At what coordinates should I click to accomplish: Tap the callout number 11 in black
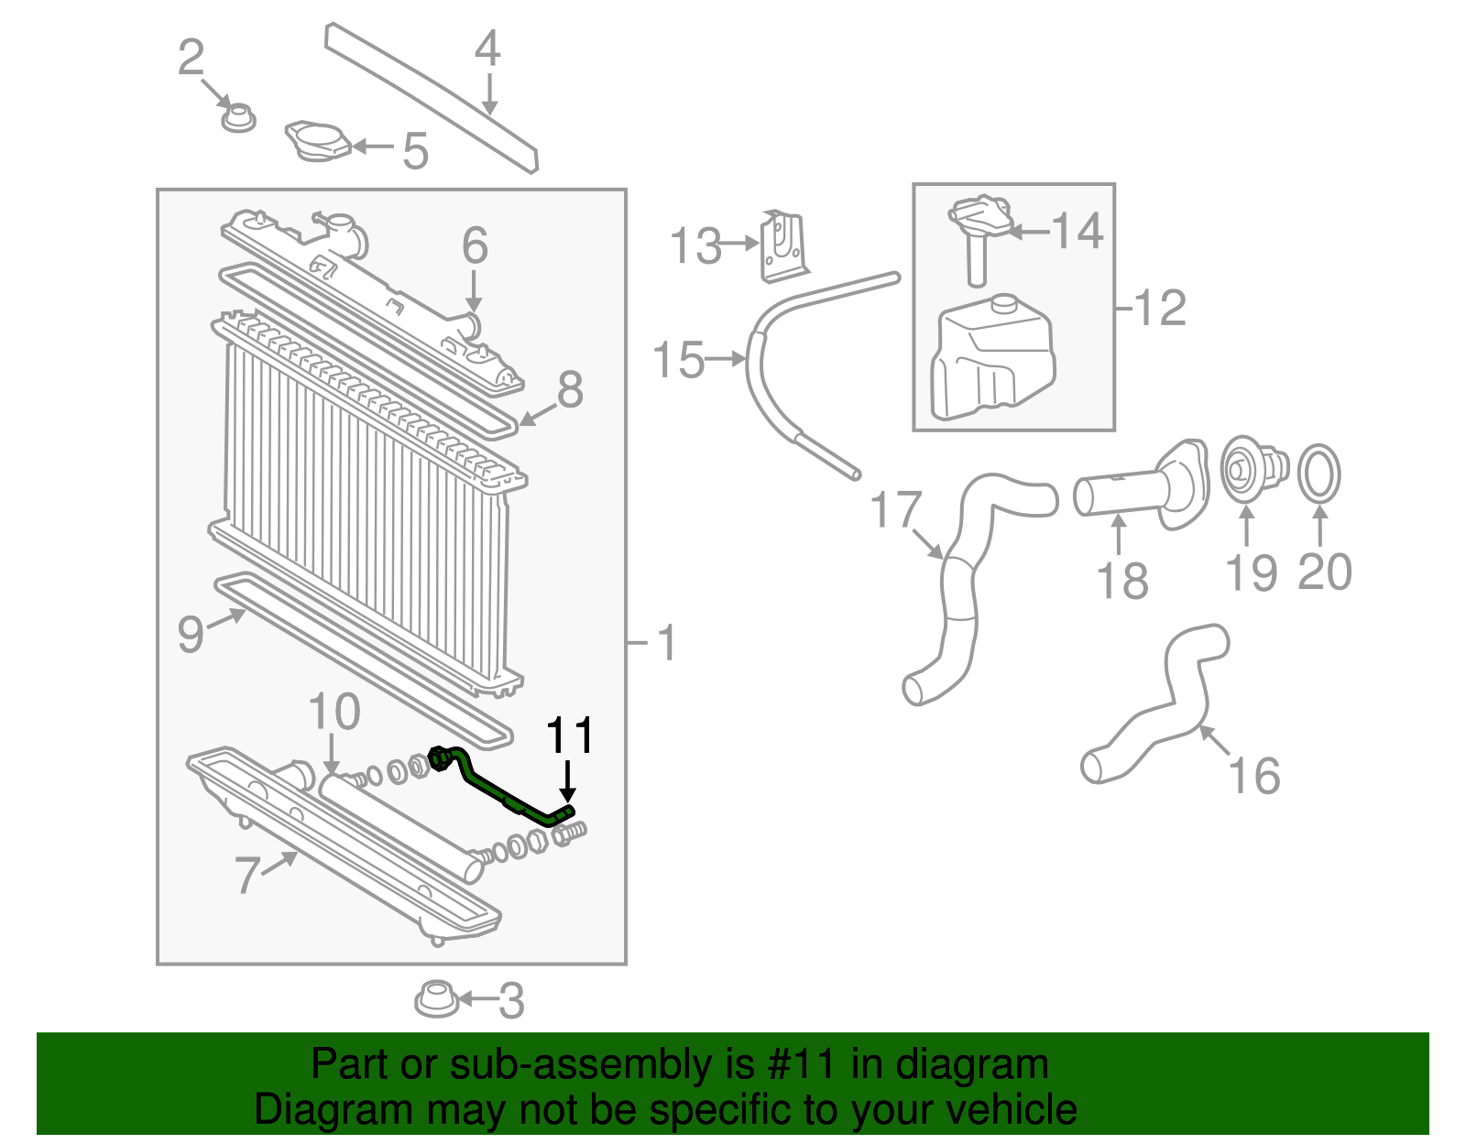(x=569, y=735)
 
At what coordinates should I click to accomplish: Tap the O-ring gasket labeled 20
(x=1318, y=474)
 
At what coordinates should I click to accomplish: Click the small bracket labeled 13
(x=784, y=245)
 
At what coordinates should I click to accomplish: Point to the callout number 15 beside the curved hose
(x=678, y=360)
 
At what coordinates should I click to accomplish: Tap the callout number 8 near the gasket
(x=569, y=390)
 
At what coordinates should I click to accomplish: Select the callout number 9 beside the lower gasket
(x=190, y=634)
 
